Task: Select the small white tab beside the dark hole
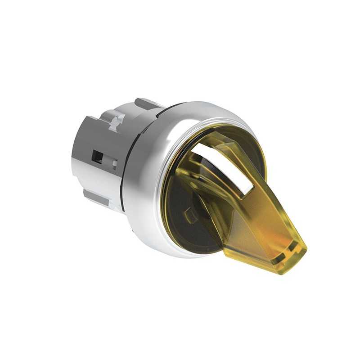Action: click(114, 162)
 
